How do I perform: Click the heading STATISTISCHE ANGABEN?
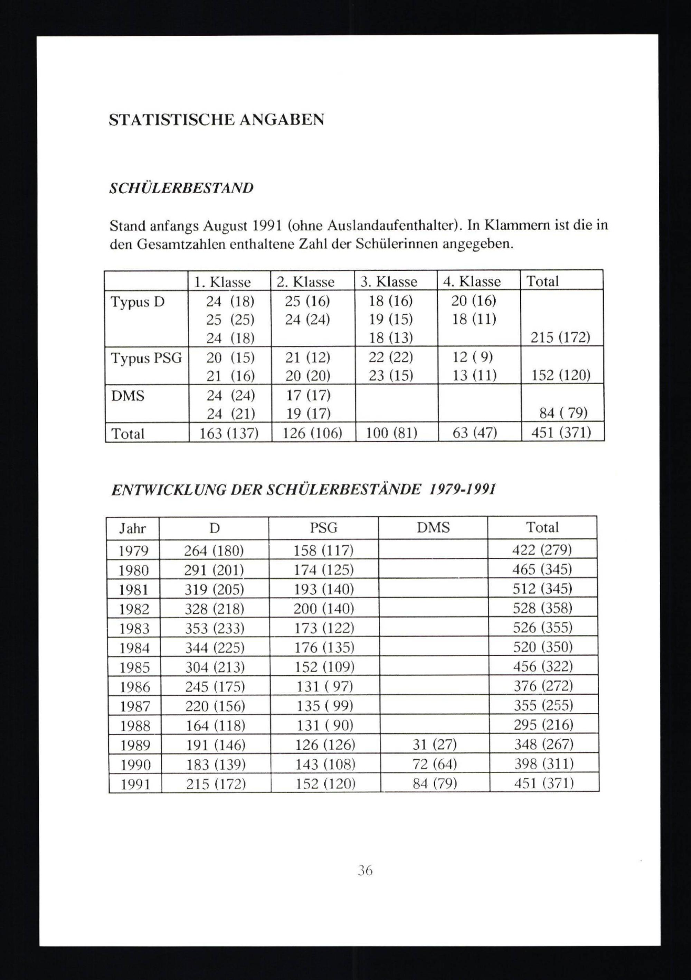(x=216, y=120)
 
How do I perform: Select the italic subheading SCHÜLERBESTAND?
(x=181, y=188)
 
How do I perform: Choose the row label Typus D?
(x=138, y=302)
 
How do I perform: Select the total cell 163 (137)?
(x=229, y=433)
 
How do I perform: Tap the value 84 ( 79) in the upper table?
(x=563, y=413)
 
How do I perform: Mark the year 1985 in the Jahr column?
(x=134, y=667)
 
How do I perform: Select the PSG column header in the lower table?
(x=323, y=528)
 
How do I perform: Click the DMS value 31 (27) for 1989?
(x=434, y=745)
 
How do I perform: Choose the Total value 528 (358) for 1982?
(x=542, y=608)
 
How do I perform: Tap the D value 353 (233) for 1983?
(x=215, y=628)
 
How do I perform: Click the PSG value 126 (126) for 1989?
(x=325, y=745)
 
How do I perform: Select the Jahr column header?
(x=133, y=529)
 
